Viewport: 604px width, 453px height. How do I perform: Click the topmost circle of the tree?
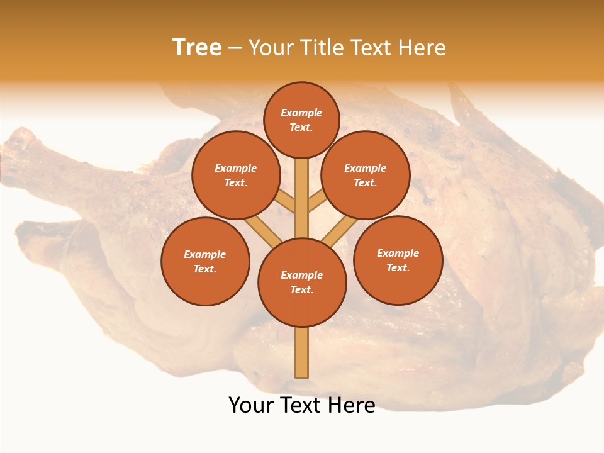coord(301,120)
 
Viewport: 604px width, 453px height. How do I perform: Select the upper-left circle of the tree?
coord(235,176)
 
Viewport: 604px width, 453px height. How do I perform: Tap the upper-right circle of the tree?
coord(366,176)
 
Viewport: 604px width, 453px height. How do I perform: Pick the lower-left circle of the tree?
coord(205,262)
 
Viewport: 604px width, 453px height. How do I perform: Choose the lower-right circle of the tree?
coord(398,260)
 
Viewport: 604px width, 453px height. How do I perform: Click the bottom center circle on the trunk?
coord(302,282)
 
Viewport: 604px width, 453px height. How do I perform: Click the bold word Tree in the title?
coord(197,48)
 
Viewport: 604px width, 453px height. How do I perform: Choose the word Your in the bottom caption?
coord(252,405)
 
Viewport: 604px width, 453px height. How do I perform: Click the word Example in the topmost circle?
coord(301,113)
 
